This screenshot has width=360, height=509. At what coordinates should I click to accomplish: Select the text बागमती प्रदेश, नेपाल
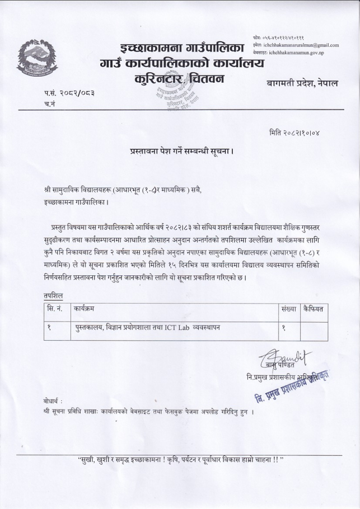(306, 83)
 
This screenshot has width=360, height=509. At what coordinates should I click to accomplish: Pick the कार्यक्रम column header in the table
(87, 309)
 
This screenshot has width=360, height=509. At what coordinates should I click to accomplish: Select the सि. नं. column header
(55, 309)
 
